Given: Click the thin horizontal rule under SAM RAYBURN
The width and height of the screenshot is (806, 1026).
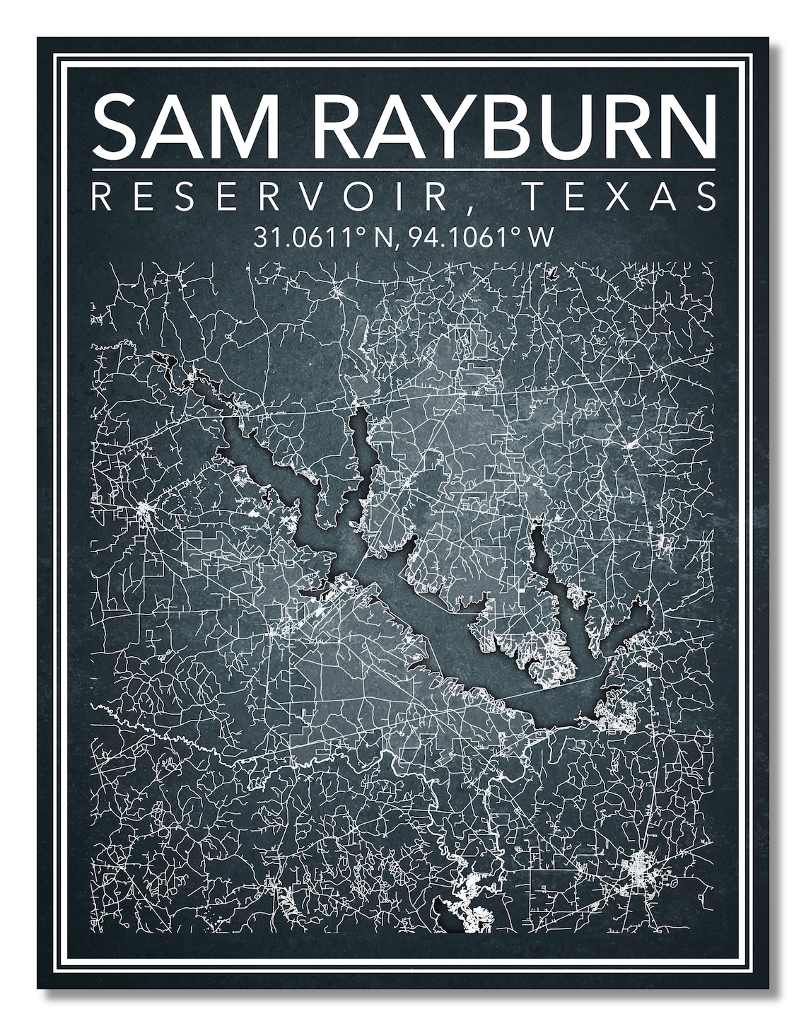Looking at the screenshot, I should coord(403,170).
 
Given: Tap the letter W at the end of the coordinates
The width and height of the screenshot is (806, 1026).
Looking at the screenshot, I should coord(540,236).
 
